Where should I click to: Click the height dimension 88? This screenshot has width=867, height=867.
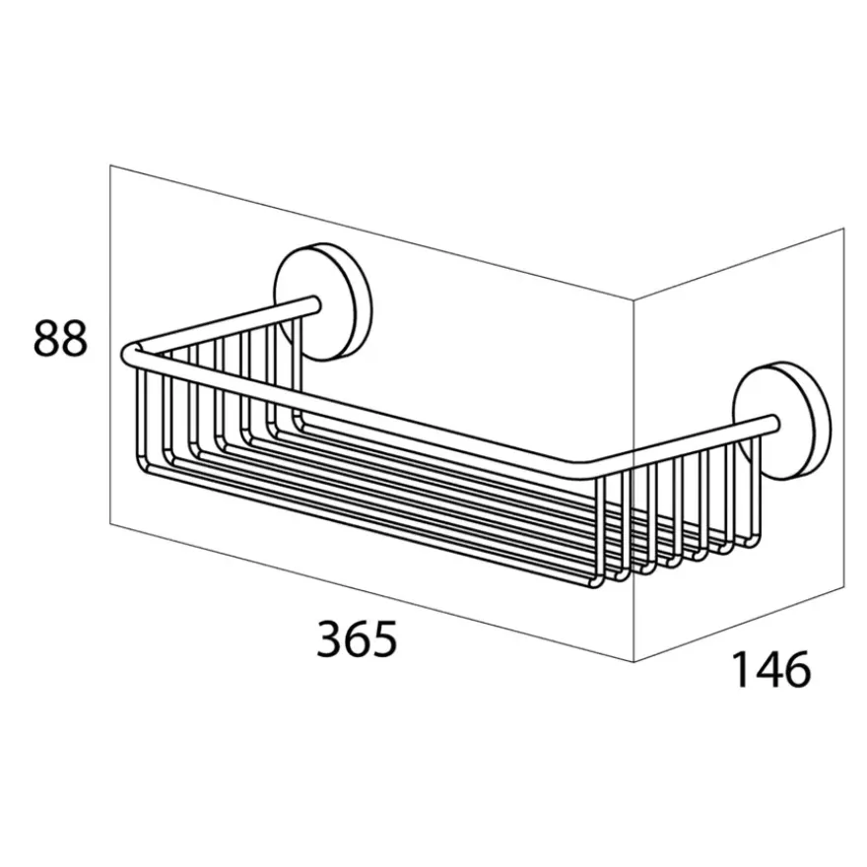61,339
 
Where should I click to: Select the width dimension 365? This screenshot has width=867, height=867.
357,638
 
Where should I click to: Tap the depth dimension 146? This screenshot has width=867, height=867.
770,669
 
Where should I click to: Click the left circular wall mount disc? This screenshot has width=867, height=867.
323,301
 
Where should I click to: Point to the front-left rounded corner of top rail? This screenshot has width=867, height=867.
129,355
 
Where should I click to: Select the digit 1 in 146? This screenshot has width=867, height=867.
741,669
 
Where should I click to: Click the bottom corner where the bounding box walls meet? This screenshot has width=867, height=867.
634,661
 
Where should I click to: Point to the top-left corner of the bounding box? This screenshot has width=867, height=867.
110,165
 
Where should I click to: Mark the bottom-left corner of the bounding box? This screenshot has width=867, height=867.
110,523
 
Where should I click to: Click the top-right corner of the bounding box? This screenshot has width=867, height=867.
843,228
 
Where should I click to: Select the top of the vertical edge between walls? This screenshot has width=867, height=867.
634,300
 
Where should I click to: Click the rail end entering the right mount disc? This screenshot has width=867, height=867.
773,423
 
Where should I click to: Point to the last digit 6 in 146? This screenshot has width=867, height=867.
798,669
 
